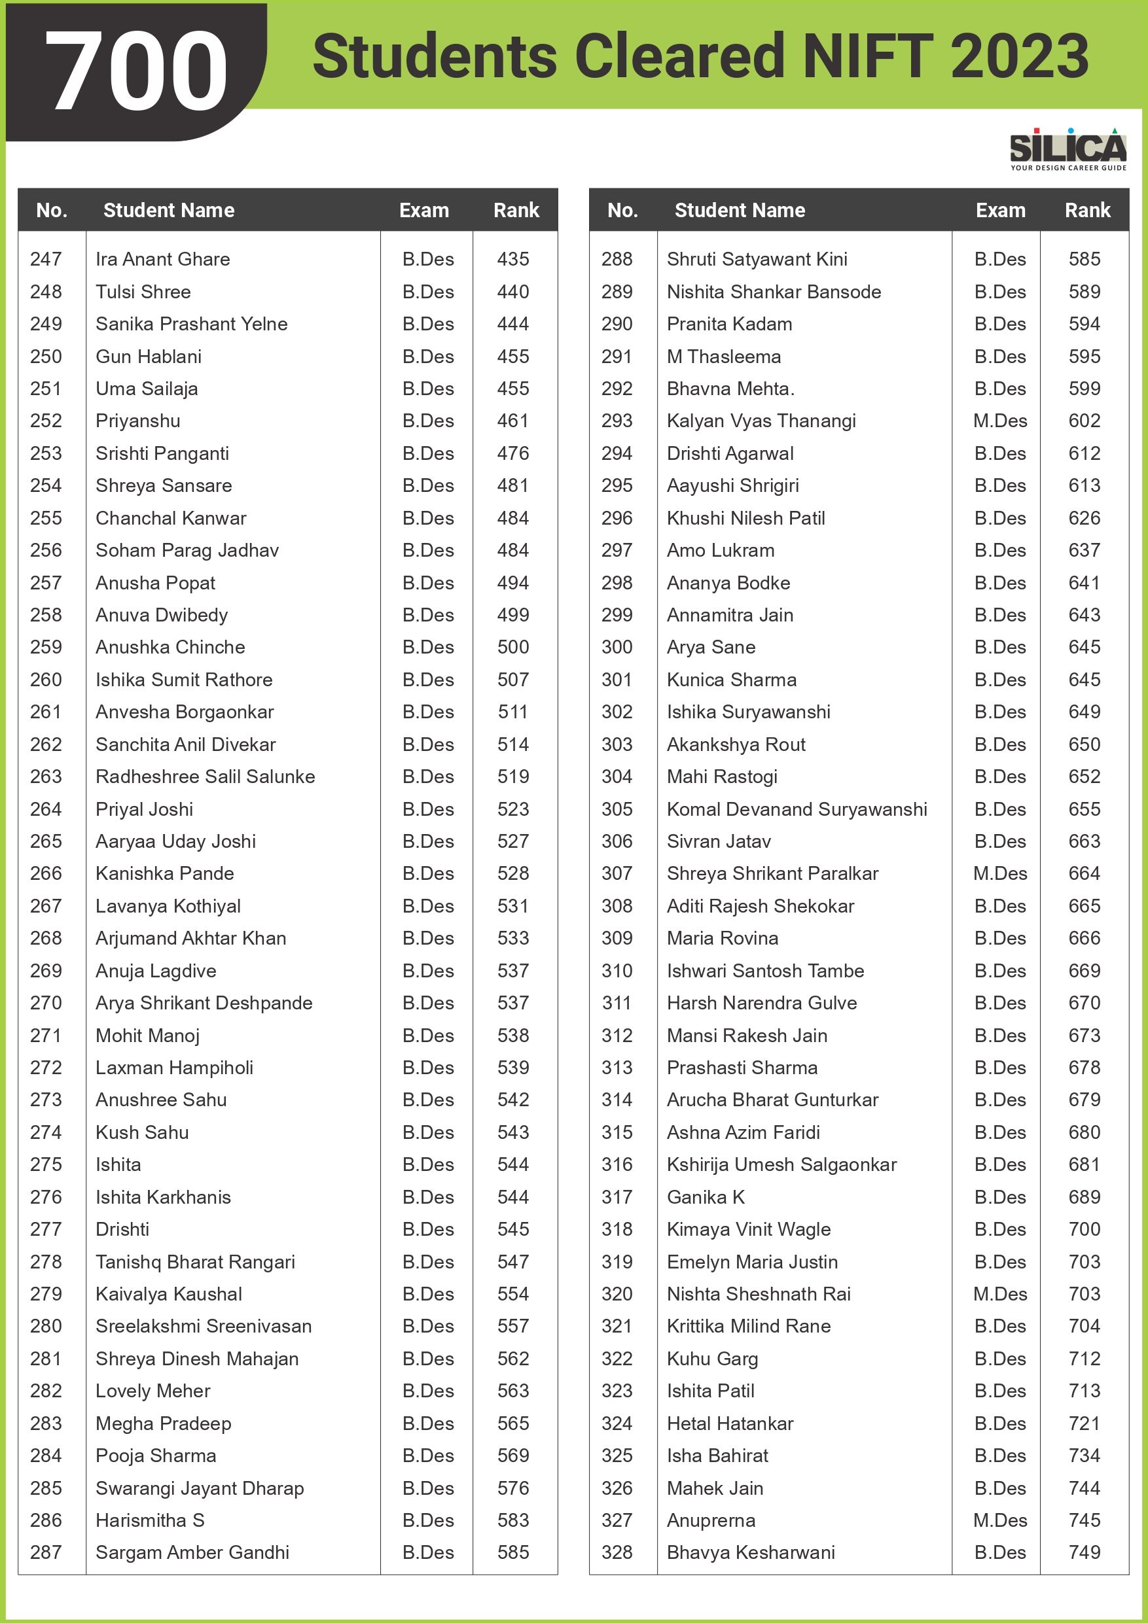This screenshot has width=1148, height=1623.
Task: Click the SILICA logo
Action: pyautogui.click(x=1067, y=149)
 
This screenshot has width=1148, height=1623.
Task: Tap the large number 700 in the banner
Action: pyautogui.click(x=137, y=71)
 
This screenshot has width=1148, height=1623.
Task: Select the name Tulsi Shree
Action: pyautogui.click(x=143, y=292)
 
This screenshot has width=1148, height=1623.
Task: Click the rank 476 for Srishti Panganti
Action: pyautogui.click(x=513, y=453)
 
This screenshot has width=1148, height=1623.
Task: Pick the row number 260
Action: pyautogui.click(x=46, y=679)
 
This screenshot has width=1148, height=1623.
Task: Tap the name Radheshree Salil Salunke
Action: pyautogui.click(x=205, y=776)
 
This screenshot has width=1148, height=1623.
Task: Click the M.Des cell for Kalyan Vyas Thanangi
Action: pyautogui.click(x=999, y=421)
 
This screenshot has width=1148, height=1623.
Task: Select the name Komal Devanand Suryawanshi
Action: pyautogui.click(x=797, y=809)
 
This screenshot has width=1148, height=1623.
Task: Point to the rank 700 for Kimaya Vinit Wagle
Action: pyautogui.click(x=1085, y=1229)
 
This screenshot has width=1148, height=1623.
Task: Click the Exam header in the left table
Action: pyautogui.click(x=423, y=210)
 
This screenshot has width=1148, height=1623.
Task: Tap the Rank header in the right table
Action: pyautogui.click(x=1087, y=210)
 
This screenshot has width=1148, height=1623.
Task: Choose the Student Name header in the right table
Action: pyautogui.click(x=739, y=210)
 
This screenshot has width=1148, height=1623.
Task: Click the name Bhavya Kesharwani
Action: pyautogui.click(x=751, y=1552)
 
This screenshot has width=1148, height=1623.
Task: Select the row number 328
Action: pyautogui.click(x=617, y=1552)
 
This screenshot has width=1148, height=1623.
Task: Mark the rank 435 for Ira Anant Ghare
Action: pyautogui.click(x=513, y=258)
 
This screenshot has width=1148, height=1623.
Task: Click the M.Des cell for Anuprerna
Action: pyautogui.click(x=999, y=1520)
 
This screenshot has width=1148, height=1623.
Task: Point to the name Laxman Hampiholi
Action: pyautogui.click(x=174, y=1068)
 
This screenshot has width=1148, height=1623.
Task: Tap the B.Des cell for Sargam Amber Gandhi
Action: pyautogui.click(x=428, y=1552)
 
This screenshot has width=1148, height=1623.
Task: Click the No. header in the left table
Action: pyautogui.click(x=52, y=210)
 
